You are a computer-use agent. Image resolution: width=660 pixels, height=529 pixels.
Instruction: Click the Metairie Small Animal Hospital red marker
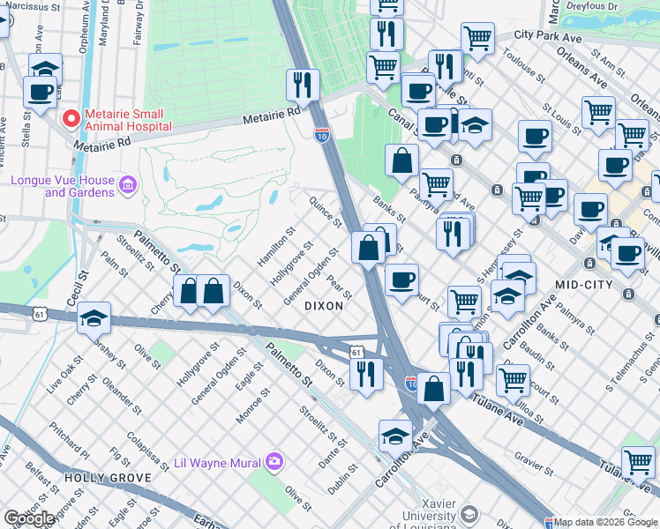71,116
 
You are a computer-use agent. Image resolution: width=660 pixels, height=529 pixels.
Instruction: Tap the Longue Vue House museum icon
128,184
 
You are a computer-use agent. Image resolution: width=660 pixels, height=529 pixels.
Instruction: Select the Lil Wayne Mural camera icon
274,461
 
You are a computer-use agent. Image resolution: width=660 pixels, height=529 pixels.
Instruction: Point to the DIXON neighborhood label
323,305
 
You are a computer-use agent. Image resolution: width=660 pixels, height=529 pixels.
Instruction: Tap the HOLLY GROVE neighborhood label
97,477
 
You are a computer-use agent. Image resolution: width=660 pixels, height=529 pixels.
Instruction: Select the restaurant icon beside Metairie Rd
303,86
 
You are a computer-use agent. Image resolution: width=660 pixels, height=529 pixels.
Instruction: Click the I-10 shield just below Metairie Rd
322,134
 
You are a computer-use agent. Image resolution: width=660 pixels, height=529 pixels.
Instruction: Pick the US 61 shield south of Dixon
356,351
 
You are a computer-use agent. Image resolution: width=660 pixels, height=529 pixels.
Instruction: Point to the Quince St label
325,212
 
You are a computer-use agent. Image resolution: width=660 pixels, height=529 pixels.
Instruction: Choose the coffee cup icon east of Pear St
401,279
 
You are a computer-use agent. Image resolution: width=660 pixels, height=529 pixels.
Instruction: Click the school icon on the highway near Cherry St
94,319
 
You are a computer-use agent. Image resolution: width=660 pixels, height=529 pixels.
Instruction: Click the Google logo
29,518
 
